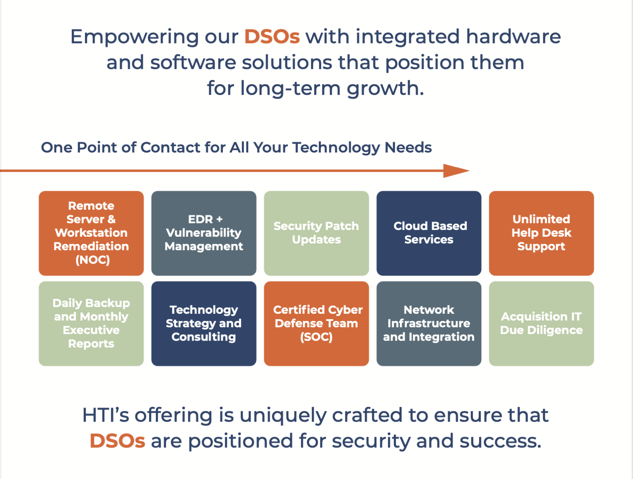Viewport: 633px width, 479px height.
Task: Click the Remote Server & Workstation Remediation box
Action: (91, 233)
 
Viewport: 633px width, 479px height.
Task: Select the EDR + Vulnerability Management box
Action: (204, 233)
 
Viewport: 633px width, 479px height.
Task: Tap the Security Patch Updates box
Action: (316, 233)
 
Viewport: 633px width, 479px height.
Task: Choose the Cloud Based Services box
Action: (429, 233)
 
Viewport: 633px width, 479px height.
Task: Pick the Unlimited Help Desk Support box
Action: (541, 233)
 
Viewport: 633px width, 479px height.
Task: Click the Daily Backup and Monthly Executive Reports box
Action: (91, 324)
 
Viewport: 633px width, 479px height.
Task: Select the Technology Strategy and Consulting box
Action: (204, 324)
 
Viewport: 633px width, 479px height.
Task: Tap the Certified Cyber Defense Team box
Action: (316, 324)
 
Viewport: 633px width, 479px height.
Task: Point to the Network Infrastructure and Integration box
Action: (429, 324)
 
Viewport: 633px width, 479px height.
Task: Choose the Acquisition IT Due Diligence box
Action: (541, 324)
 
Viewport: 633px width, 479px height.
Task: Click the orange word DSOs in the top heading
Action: (272, 37)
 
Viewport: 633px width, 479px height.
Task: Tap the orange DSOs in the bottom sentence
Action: (117, 441)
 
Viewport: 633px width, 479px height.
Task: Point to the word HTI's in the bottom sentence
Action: (106, 415)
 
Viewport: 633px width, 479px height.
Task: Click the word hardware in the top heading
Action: (513, 37)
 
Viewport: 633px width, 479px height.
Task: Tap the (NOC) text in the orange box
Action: (92, 260)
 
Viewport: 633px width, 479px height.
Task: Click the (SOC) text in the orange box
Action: (316, 337)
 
